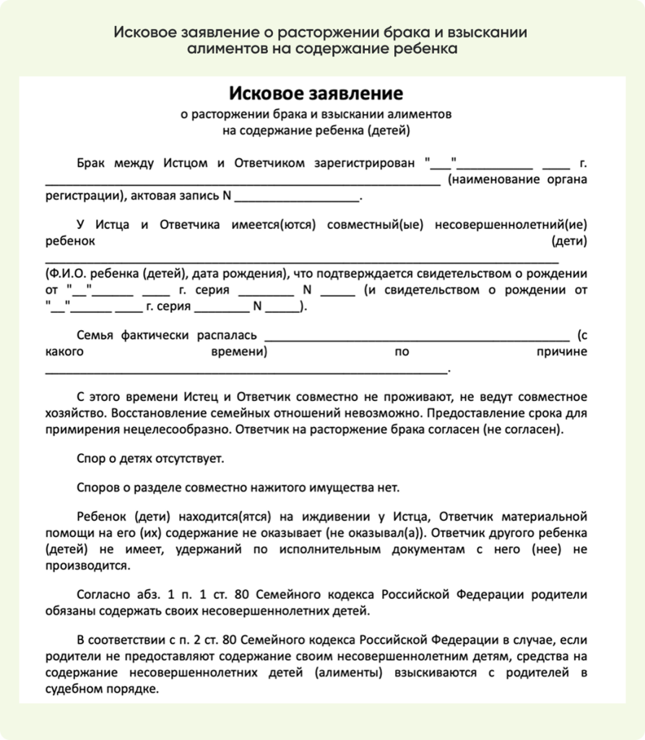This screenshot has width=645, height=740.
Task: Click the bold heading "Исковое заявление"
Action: (x=316, y=93)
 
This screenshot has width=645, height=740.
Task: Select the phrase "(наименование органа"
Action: (x=517, y=179)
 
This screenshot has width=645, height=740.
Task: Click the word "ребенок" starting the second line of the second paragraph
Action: (x=69, y=241)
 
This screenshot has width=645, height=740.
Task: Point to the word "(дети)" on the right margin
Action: (x=569, y=241)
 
